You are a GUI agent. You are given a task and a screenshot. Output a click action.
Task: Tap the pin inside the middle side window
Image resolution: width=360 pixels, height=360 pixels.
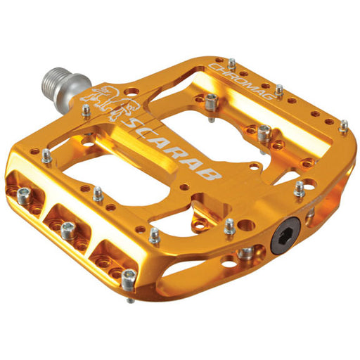click(x=69, y=227)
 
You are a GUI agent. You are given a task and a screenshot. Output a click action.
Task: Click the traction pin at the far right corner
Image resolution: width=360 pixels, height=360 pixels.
click(x=343, y=127)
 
